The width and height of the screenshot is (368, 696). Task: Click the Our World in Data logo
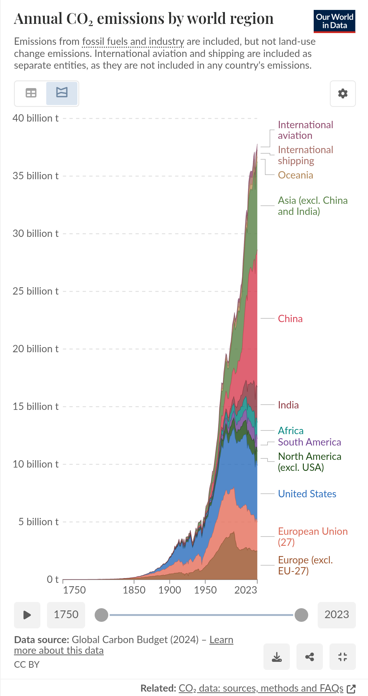pyautogui.click(x=334, y=21)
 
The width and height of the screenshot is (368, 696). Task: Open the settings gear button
pyautogui.click(x=343, y=94)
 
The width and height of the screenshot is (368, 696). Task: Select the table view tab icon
pyautogui.click(x=31, y=93)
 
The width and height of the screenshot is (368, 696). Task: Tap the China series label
pyautogui.click(x=290, y=319)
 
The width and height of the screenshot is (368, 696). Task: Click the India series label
pyautogui.click(x=288, y=405)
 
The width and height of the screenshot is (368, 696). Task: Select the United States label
pyautogui.click(x=307, y=494)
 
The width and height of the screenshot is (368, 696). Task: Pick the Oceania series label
pyautogui.click(x=295, y=175)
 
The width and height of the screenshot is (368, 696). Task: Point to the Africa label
pyautogui.click(x=291, y=430)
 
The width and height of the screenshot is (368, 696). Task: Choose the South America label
pyautogui.click(x=309, y=442)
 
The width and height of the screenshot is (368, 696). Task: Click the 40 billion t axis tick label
pyautogui.click(x=36, y=118)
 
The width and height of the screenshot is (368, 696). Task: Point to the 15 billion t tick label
pyautogui.click(x=36, y=407)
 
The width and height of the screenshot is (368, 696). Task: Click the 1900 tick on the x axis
pyautogui.click(x=170, y=590)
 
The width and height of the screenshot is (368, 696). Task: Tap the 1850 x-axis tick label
pyautogui.click(x=134, y=590)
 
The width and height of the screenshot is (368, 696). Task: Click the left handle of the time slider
pyautogui.click(x=102, y=615)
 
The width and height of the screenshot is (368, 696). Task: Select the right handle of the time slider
pyautogui.click(x=301, y=615)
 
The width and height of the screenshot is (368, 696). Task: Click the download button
pyautogui.click(x=277, y=657)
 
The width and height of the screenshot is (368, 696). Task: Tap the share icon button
pyautogui.click(x=310, y=657)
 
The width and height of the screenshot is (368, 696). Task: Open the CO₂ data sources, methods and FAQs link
pyautogui.click(x=261, y=688)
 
